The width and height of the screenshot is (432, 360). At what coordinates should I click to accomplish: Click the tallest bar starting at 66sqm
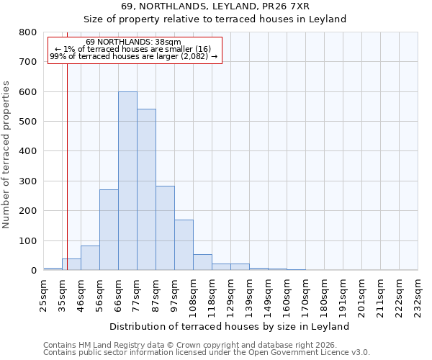click(x=127, y=181)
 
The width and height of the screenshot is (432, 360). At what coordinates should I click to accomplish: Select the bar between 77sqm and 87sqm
click(x=146, y=189)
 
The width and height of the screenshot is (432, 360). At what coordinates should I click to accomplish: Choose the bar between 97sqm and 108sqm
click(x=184, y=245)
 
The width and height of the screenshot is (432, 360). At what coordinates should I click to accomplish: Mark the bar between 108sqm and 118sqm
click(x=202, y=262)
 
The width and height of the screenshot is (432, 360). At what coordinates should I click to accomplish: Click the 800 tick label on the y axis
click(x=27, y=32)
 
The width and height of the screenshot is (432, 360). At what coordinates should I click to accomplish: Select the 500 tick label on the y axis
click(x=27, y=122)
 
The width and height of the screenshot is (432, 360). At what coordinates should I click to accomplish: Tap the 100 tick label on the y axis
click(x=27, y=240)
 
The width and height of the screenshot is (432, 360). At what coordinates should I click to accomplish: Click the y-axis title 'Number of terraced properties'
click(x=6, y=154)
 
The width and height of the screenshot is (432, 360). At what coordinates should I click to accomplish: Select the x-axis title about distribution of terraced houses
click(x=230, y=326)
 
